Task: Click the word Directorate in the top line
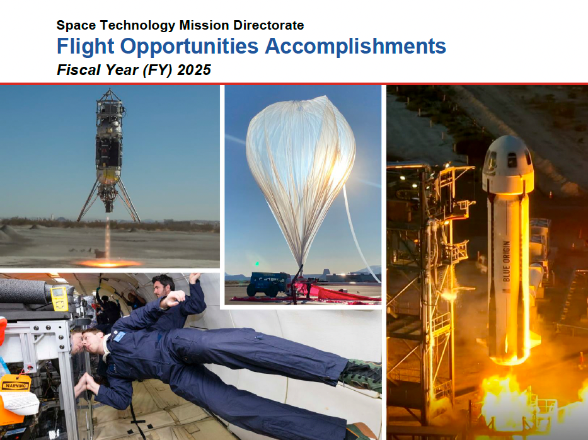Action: click(x=268, y=25)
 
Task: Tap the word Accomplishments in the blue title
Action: click(x=355, y=46)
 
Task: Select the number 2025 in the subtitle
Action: click(x=194, y=70)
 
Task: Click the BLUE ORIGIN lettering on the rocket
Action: click(x=507, y=261)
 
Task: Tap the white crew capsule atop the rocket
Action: click(x=508, y=165)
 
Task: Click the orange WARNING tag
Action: click(x=15, y=384)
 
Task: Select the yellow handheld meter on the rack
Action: click(x=59, y=299)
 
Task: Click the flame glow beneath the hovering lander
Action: click(x=108, y=263)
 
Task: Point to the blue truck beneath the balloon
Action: click(x=267, y=284)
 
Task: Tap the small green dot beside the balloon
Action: click(x=257, y=263)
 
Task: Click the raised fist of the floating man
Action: click(x=173, y=299)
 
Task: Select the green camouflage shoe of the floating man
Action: click(x=360, y=376)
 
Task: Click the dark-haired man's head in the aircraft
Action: click(x=163, y=286)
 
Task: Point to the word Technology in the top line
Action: click(x=137, y=25)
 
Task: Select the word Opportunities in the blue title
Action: click(x=189, y=47)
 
